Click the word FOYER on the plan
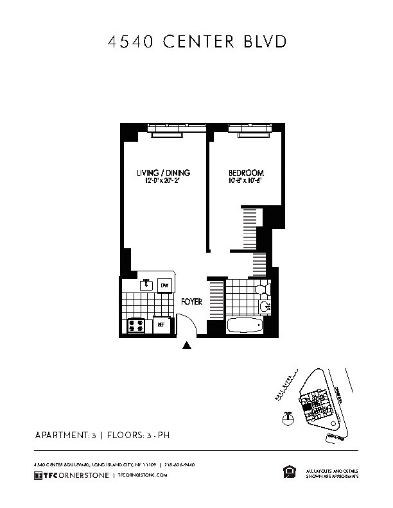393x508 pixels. tap(192, 301)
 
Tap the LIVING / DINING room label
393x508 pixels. tap(163, 173)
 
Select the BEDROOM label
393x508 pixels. tap(247, 173)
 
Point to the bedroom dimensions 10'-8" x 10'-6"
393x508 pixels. tap(247, 182)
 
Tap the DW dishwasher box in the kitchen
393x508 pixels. tap(164, 285)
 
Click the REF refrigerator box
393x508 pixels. tap(162, 325)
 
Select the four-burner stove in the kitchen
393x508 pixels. tap(137, 325)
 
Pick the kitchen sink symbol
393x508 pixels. tap(146, 284)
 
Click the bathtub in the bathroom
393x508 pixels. tap(245, 325)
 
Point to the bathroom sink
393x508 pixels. tap(264, 307)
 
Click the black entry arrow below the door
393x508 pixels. tap(187, 346)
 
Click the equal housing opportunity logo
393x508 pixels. tap(288, 472)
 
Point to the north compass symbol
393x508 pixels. tap(288, 419)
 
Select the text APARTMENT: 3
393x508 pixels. tap(64, 436)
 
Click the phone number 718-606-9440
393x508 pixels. tap(179, 464)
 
